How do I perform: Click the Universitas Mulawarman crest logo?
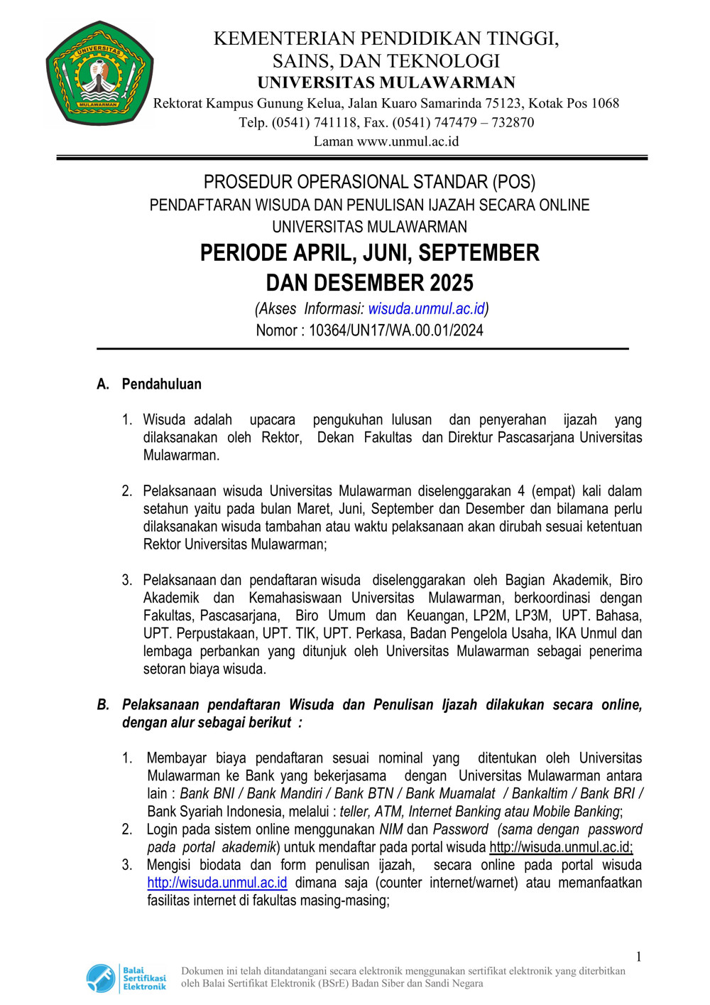coord(99,74)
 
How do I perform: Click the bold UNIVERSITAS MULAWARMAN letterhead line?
coord(386,82)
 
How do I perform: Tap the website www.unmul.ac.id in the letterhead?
coord(408,141)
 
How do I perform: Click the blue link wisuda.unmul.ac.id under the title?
coord(426,308)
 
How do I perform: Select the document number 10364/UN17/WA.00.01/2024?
coord(396,330)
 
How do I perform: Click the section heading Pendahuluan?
coord(162,384)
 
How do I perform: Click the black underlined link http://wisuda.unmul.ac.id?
coord(561,847)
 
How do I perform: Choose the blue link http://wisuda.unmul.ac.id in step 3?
coord(217,883)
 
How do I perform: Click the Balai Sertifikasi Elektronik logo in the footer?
coord(126,978)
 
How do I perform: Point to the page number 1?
coord(638,957)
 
